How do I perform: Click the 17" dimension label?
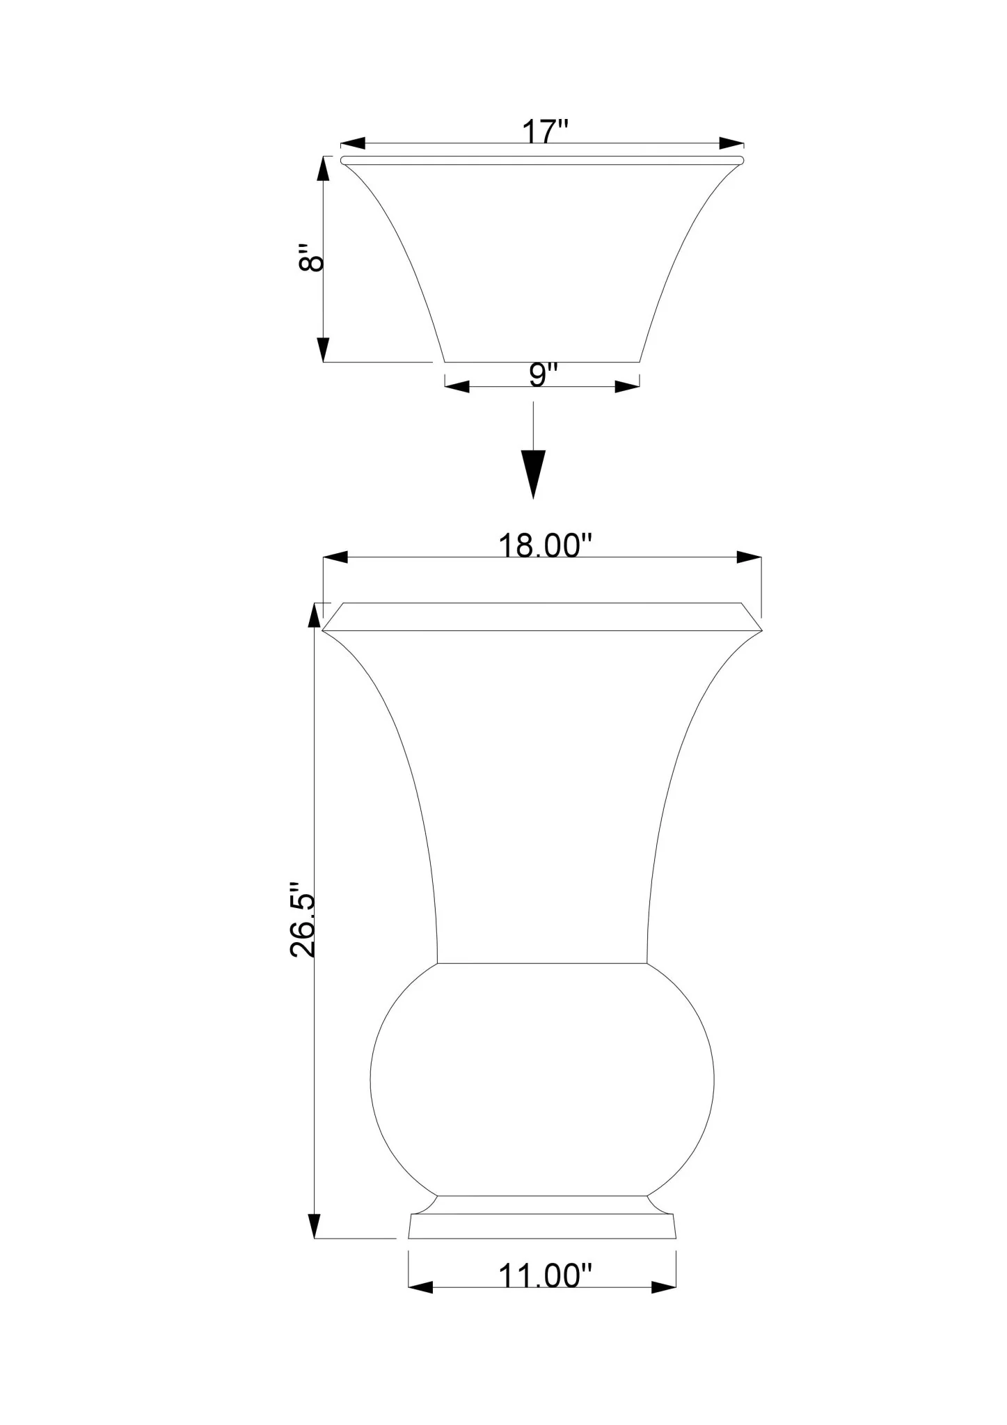[546, 132]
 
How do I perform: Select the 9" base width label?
[544, 375]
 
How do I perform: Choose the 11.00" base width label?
[545, 1276]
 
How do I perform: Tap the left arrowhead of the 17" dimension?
[353, 143]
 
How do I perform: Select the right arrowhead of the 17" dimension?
[731, 143]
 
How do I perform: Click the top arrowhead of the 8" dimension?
[324, 169]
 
